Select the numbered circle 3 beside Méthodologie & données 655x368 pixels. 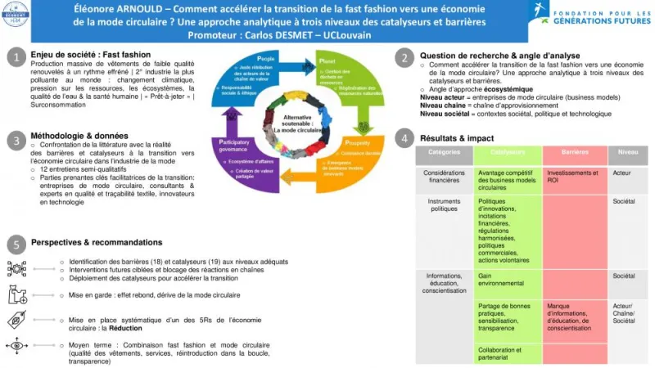(16, 139)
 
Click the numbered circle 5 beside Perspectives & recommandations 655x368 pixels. (16, 245)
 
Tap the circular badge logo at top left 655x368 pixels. (16, 14)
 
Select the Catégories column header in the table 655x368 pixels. (444, 152)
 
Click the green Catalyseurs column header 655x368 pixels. (508, 152)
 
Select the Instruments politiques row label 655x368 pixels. (444, 204)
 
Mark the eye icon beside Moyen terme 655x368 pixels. (16, 347)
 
